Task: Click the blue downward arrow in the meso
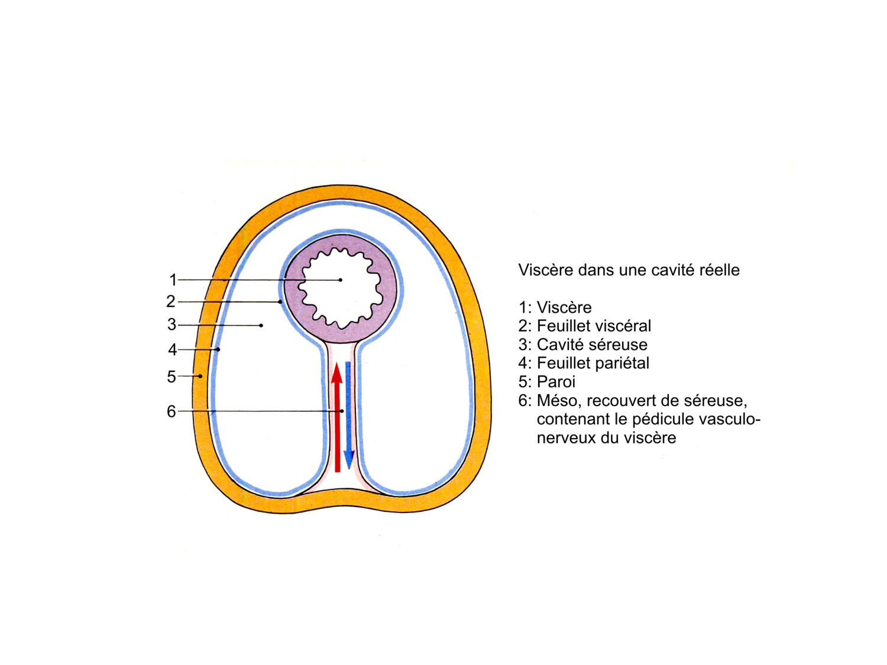point(349,414)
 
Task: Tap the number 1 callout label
point(173,280)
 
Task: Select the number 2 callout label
point(171,301)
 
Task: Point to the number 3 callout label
point(171,325)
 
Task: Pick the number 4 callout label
point(172,350)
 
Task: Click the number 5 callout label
point(171,377)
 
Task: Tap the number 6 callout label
point(171,411)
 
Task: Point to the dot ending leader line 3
point(261,325)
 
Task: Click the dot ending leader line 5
point(200,376)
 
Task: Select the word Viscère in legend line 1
point(564,307)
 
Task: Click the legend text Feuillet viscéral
point(594,326)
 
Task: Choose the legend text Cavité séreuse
point(592,345)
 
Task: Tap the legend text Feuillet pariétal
point(593,363)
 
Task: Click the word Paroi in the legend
point(556,382)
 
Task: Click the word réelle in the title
point(719,270)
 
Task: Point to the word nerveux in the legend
point(565,438)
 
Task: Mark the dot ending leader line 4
point(218,349)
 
